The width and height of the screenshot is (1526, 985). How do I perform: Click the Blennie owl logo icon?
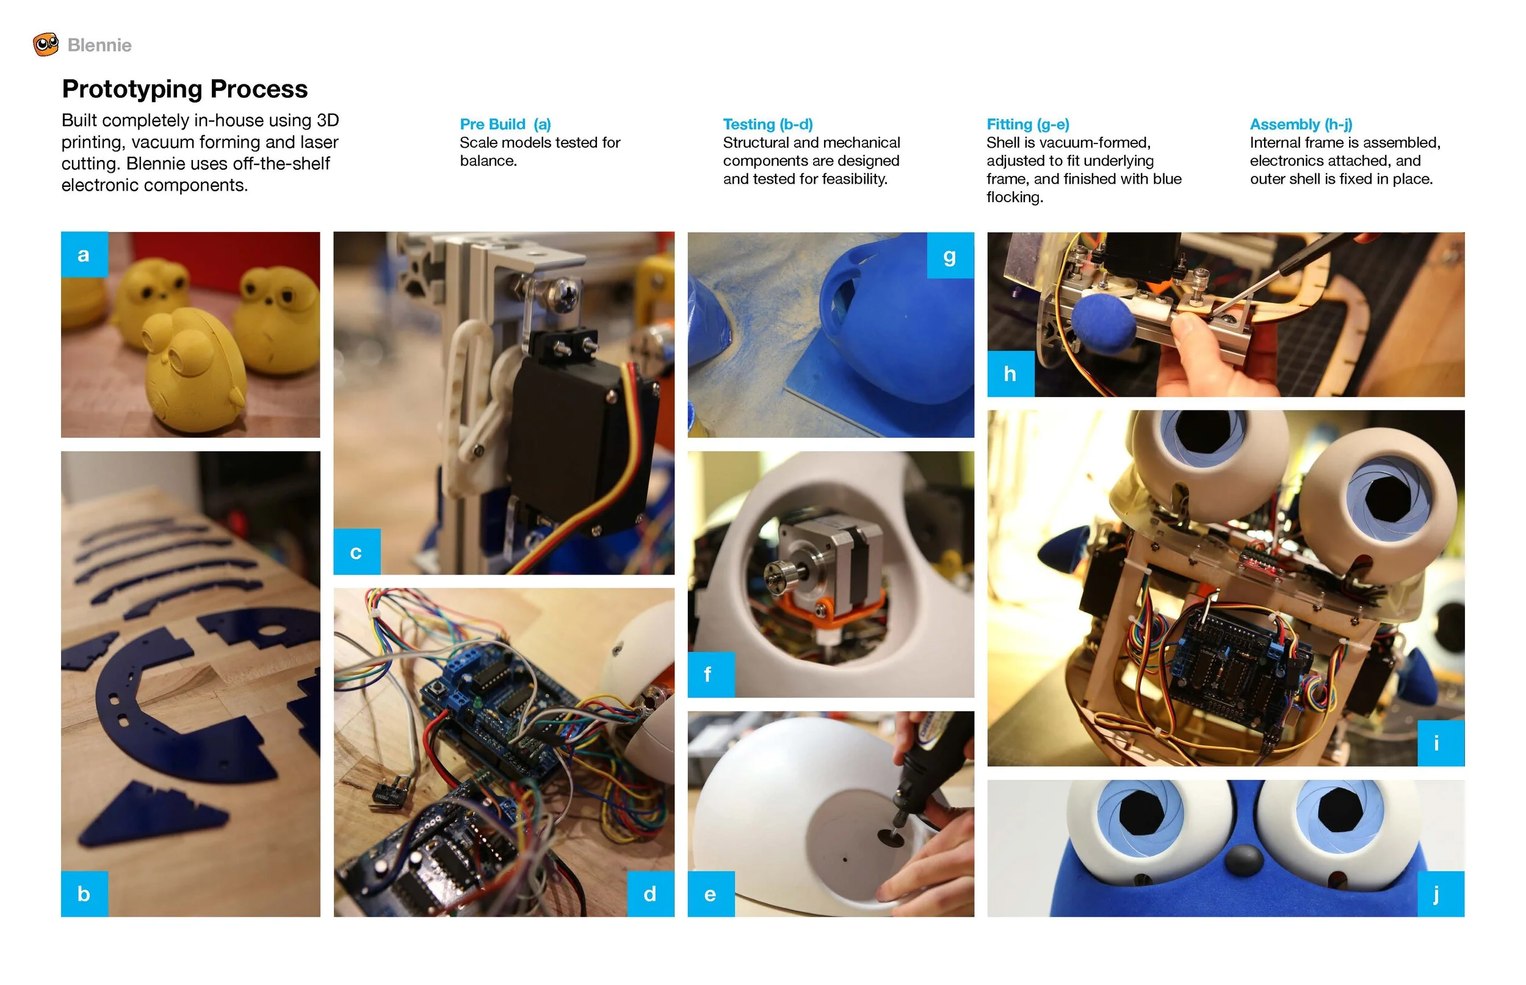click(x=45, y=45)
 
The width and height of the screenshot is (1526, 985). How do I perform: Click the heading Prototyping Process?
click(x=184, y=89)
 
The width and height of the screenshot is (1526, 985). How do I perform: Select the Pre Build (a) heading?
click(x=504, y=124)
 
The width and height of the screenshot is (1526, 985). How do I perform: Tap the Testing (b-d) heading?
click(x=767, y=124)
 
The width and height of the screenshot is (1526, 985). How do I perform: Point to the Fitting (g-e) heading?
click(x=1027, y=124)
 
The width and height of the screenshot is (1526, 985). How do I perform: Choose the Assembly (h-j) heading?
click(x=1300, y=124)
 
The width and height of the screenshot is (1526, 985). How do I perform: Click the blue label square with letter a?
click(x=84, y=255)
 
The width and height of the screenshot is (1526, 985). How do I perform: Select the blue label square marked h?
click(x=1010, y=373)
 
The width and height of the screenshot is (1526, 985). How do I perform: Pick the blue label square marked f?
click(x=711, y=674)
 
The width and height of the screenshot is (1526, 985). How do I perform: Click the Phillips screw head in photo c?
click(x=564, y=294)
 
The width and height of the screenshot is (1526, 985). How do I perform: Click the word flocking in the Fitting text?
click(x=1014, y=197)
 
